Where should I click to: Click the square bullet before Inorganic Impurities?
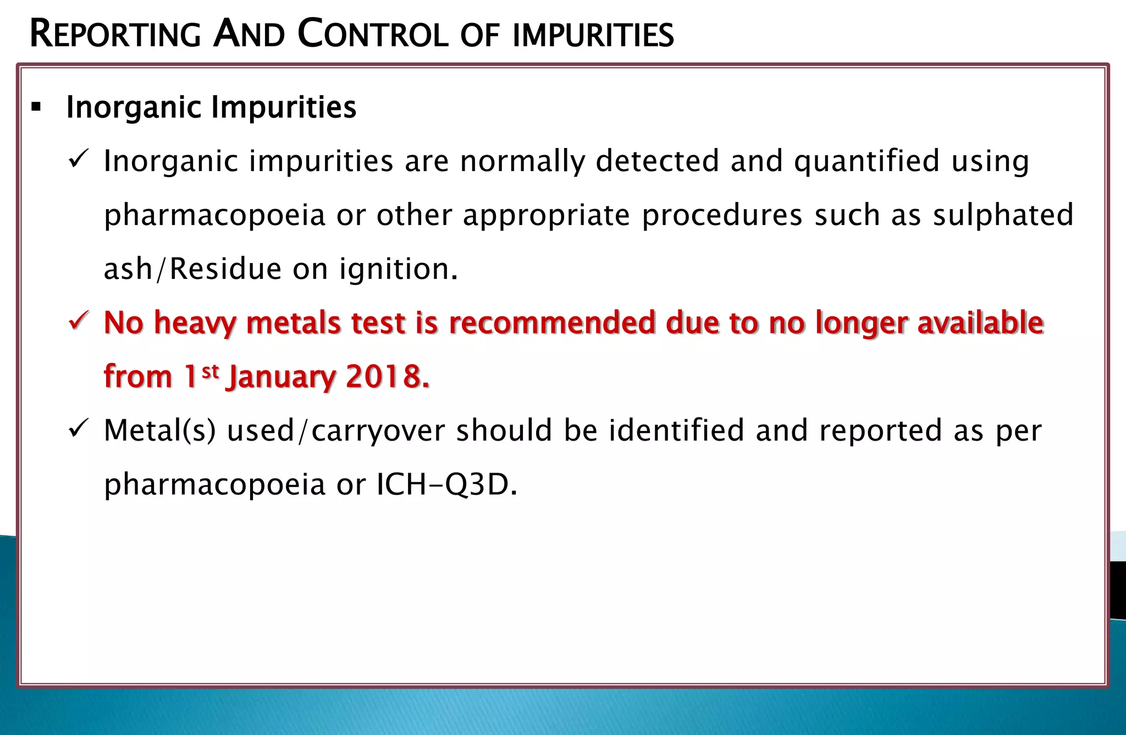[x=36, y=107]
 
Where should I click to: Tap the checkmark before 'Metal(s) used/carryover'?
[x=79, y=429]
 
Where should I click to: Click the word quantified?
[x=866, y=162]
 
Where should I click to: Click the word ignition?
[x=398, y=270]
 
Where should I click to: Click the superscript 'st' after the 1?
[x=211, y=371]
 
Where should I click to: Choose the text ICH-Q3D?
[x=446, y=485]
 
